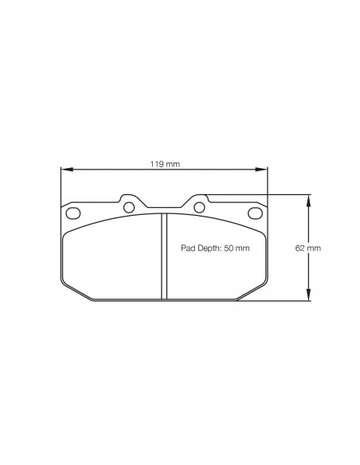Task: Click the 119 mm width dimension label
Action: (165, 164)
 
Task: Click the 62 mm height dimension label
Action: (308, 248)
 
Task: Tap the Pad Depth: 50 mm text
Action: (215, 248)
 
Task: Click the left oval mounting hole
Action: (73, 213)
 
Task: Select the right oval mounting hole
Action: (255, 213)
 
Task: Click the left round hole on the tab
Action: (129, 207)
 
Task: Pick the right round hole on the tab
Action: (199, 207)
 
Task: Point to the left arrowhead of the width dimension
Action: (67, 170)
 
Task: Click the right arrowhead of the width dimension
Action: (261, 170)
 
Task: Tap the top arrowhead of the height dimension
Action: (309, 201)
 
